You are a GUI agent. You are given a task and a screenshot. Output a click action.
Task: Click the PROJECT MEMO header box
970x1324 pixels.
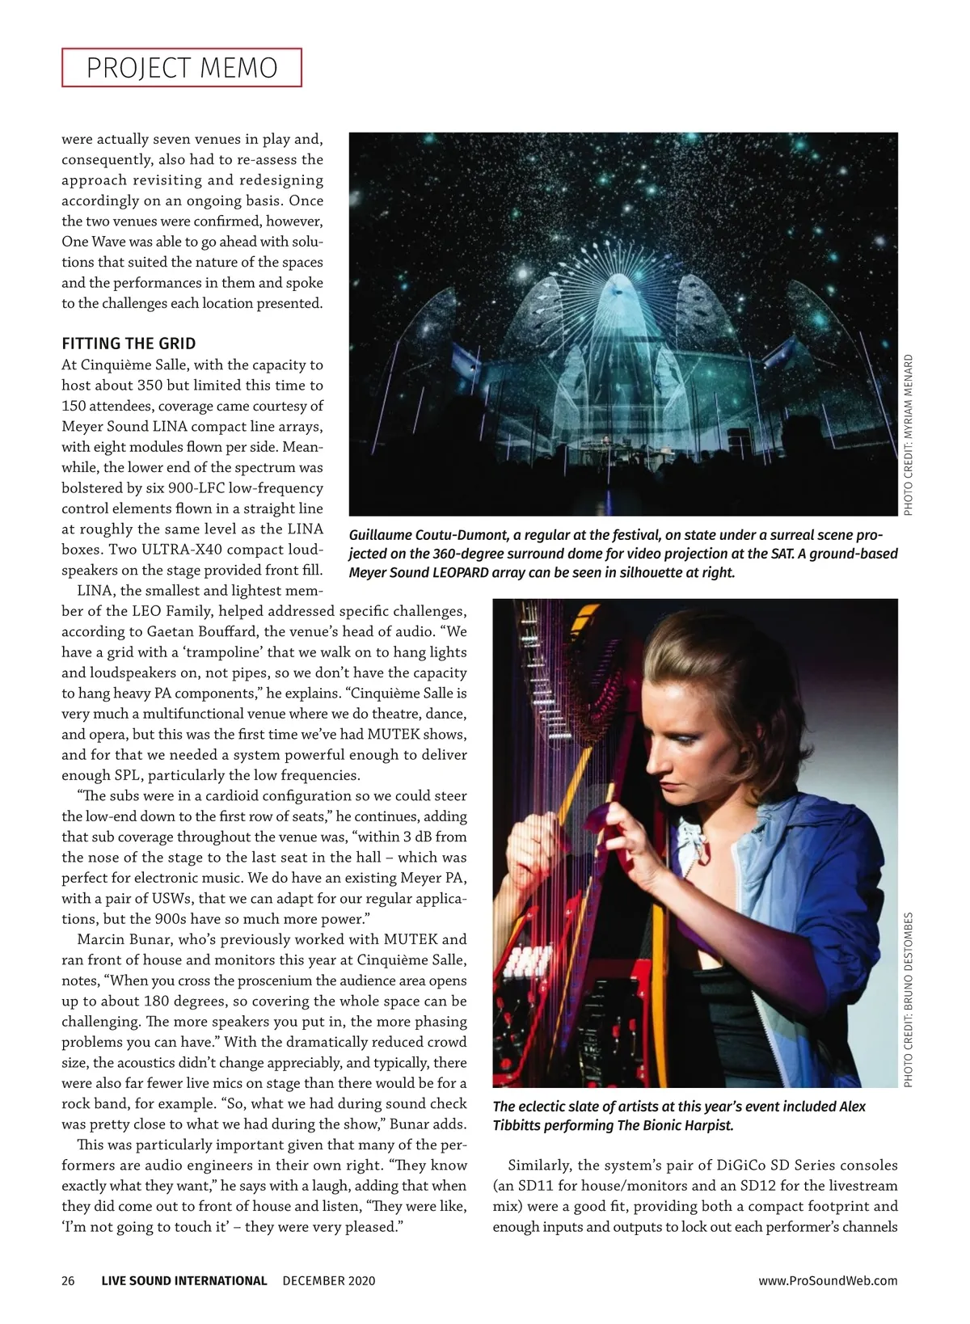181,68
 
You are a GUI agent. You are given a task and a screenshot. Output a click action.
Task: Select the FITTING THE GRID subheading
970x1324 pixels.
129,344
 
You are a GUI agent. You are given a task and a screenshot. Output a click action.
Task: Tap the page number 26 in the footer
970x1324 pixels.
68,1280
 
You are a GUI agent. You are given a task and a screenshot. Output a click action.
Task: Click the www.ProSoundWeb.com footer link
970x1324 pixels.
828,1280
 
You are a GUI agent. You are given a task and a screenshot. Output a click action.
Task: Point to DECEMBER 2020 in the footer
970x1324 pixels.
329,1280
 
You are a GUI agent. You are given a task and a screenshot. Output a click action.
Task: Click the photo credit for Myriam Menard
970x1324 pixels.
909,435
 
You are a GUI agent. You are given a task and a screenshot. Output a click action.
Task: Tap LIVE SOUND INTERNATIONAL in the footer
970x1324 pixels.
184,1280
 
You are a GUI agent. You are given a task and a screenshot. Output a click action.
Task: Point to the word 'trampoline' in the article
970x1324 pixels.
221,652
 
